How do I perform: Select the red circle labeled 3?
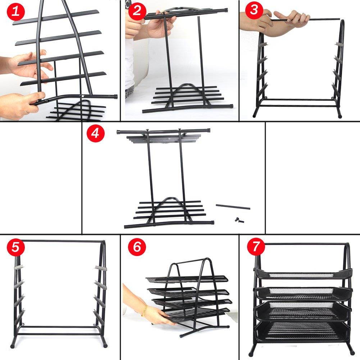pyautogui.click(x=254, y=10)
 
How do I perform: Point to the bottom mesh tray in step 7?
pyautogui.click(x=302, y=331)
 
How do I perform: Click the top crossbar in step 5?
pyautogui.click(x=59, y=241)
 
